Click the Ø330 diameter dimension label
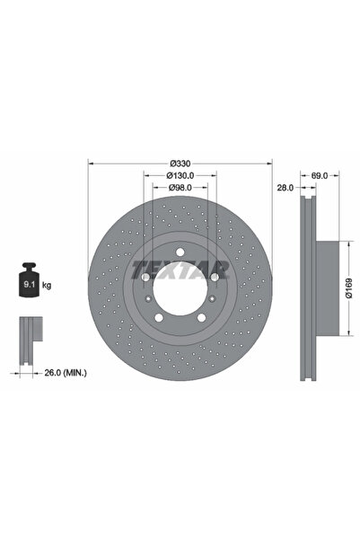coord(180,163)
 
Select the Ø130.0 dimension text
coord(180,176)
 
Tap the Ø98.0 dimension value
coord(180,188)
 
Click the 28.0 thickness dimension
coord(284,188)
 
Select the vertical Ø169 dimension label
coord(351,285)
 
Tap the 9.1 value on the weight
coord(26,286)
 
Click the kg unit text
coord(46,285)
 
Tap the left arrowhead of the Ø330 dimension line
coord(91,163)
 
